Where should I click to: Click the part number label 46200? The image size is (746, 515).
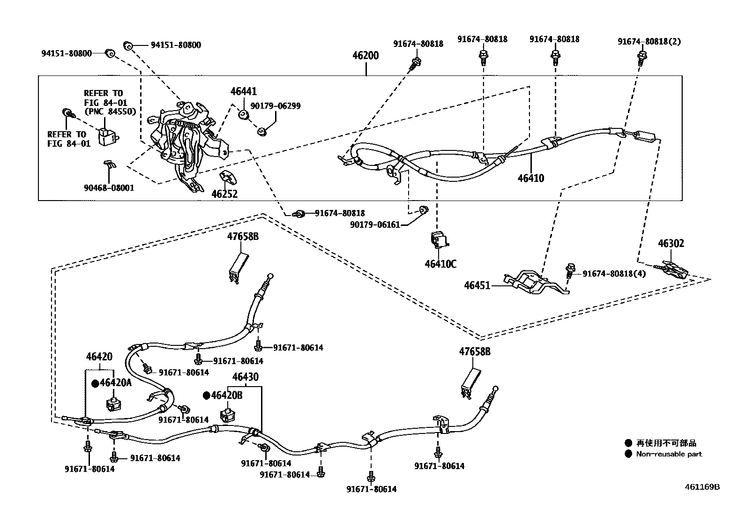coord(366,56)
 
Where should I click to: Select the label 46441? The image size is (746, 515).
coord(243,92)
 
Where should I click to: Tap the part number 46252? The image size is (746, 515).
coord(224,194)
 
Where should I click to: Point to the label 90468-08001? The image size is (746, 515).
coord(109,188)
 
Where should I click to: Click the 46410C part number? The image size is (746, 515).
coord(440,264)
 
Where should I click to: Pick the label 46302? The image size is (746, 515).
coord(671,244)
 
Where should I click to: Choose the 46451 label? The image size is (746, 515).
coord(477,285)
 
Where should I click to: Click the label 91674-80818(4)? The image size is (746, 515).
coord(614,274)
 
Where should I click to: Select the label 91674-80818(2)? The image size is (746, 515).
coord(649,42)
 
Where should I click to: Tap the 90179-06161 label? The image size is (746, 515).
coord(375,225)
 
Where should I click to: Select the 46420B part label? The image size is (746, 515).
coord(226,396)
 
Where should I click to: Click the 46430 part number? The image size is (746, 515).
coord(245,377)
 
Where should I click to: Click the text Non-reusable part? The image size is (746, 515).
coord(669,454)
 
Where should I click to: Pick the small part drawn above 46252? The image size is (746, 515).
coord(227,178)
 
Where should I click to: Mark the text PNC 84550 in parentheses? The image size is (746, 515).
coord(110,112)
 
